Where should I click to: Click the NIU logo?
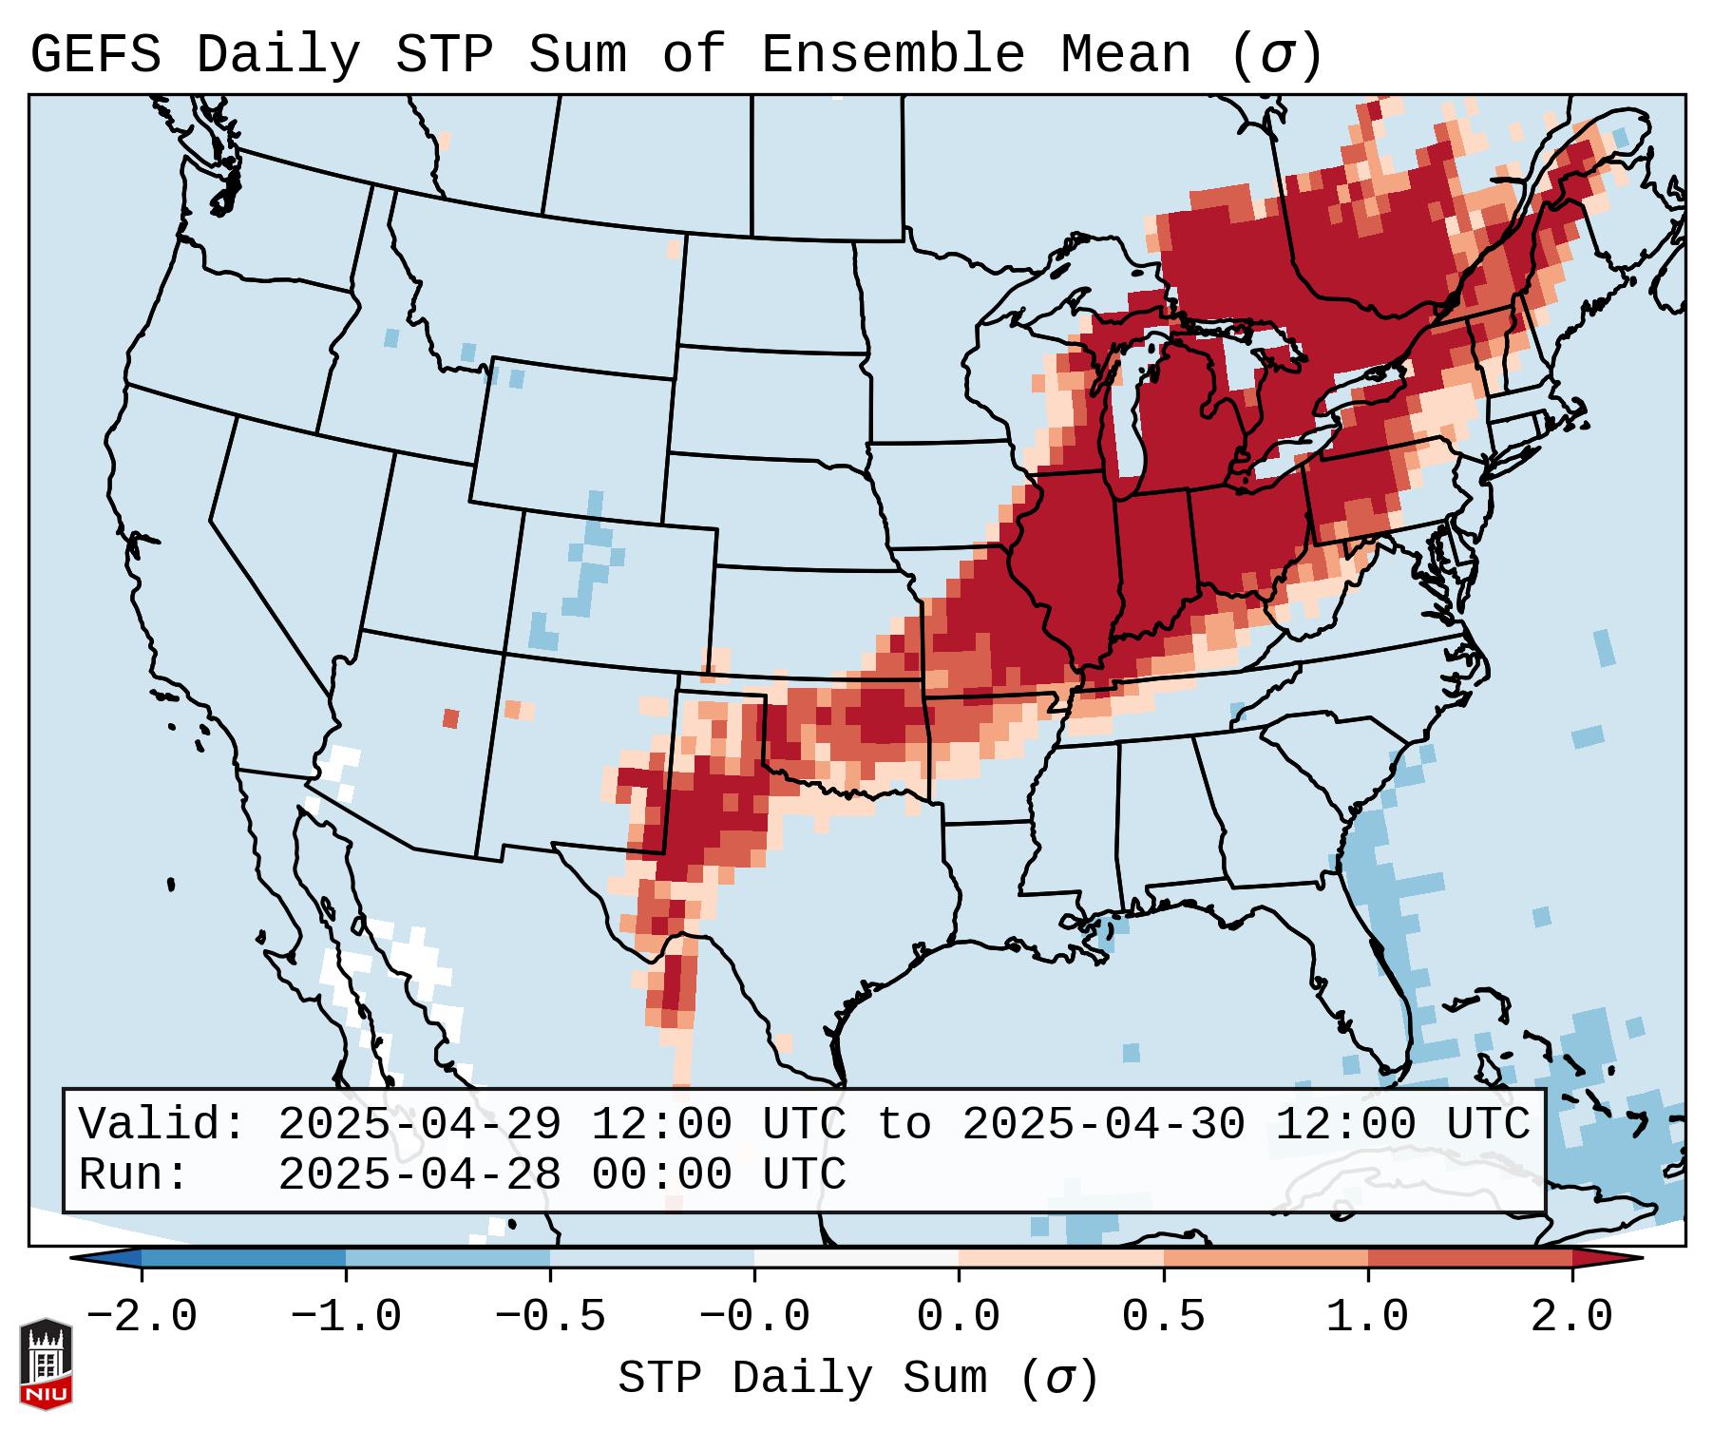[46, 1363]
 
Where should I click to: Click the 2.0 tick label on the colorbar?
[1571, 1316]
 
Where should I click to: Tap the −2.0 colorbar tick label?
[142, 1316]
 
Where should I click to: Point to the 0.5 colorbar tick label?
[1163, 1316]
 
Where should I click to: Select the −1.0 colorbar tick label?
[346, 1316]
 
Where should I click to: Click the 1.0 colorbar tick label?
[1367, 1316]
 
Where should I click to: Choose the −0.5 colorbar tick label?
[550, 1316]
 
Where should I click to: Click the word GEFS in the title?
[95, 55]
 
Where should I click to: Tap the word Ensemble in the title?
[892, 55]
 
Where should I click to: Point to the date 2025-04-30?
[1103, 1124]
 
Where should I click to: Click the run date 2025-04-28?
[419, 1174]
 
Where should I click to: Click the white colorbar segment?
[856, 1258]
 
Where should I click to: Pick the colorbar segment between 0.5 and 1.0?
[1266, 1258]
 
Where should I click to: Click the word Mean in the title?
[1125, 55]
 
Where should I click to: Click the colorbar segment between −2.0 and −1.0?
[243, 1258]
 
